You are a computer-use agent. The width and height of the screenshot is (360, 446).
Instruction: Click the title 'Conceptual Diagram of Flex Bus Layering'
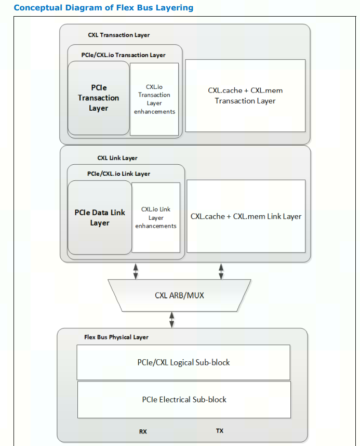[x=103, y=8]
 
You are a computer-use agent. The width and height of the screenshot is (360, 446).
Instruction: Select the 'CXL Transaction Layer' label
[x=118, y=35]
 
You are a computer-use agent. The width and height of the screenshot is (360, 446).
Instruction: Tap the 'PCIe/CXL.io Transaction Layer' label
[x=124, y=55]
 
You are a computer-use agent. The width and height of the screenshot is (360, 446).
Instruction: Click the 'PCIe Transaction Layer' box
[x=98, y=98]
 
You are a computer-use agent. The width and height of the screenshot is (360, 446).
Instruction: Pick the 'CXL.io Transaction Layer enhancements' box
[x=154, y=99]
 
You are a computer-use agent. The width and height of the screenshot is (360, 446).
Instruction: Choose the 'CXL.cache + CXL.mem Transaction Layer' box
[x=245, y=96]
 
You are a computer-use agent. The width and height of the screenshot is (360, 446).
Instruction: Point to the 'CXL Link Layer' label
[x=117, y=158]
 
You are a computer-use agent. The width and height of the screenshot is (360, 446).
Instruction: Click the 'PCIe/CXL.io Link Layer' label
[x=118, y=174]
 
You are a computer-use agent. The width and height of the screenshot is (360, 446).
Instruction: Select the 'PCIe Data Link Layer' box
[x=99, y=217]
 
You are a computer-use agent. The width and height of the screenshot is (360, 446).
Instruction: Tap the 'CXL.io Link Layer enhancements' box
[x=156, y=217]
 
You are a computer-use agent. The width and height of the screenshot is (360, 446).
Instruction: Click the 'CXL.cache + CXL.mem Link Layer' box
[x=246, y=216]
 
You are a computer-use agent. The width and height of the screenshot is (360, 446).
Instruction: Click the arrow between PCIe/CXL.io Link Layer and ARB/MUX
[x=136, y=270]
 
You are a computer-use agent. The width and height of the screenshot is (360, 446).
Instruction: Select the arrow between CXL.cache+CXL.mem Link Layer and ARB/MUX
[x=221, y=270]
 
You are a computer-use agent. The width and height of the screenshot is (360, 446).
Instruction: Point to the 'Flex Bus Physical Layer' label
[x=116, y=337]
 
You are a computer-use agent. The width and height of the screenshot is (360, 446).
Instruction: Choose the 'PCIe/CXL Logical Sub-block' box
[x=184, y=362]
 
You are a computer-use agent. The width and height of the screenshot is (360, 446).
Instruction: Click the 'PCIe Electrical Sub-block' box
[x=184, y=399]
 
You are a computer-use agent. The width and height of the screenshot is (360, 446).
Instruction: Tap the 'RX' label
[x=143, y=431]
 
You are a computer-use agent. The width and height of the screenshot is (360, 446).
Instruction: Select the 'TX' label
[x=219, y=431]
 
